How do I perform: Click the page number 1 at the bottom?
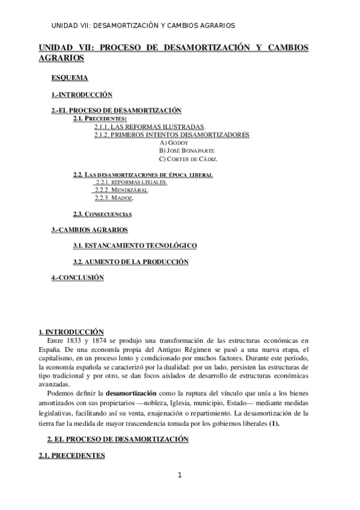179,475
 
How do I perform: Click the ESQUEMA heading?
70,78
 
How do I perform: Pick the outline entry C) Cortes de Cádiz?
188,159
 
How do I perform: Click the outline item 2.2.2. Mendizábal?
121,190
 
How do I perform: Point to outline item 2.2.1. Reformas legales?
132,182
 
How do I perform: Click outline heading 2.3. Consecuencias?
102,214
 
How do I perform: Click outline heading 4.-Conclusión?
78,277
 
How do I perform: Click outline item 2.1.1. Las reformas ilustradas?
150,127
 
